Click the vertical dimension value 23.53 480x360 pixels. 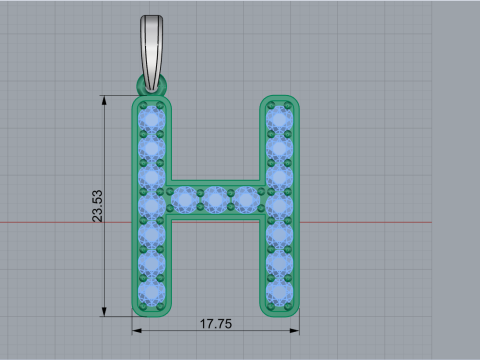tap(98, 207)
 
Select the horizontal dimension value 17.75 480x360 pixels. tap(216, 325)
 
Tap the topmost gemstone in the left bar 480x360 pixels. tap(152, 119)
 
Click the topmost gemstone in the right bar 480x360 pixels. tap(279, 119)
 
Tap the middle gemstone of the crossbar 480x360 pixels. tap(216, 199)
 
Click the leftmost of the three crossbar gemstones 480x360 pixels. tap(185, 199)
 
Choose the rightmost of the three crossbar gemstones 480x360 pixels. tap(247, 199)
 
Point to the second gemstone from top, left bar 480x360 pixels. tap(152, 148)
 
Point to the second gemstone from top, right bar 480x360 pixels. tap(279, 148)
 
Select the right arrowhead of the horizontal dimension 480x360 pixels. tap(296, 325)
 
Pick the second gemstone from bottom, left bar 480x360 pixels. tap(152, 263)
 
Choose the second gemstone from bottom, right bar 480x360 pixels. tap(279, 263)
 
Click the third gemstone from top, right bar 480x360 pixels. tap(279, 177)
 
